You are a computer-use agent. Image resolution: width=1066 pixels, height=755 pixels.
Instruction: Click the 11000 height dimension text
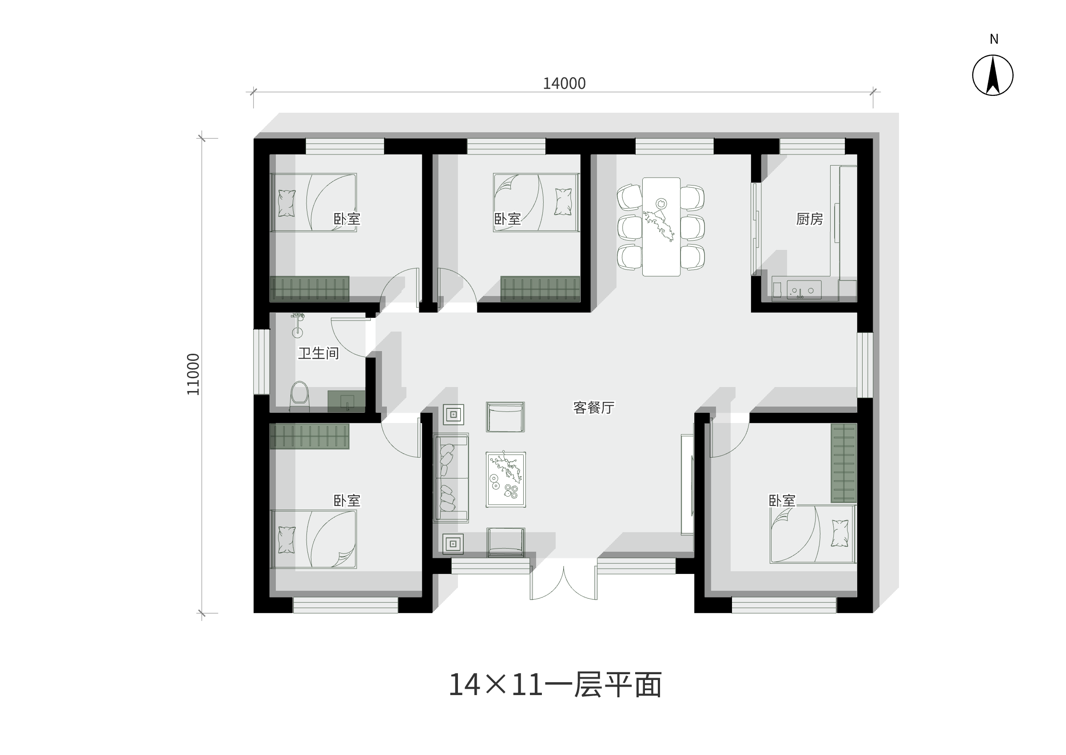[x=193, y=374]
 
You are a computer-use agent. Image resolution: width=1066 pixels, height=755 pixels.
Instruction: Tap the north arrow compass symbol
[x=993, y=75]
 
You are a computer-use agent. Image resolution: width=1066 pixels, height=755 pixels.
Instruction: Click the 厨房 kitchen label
[x=809, y=219]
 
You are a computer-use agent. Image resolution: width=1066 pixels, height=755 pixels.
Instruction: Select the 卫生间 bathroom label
[x=318, y=353]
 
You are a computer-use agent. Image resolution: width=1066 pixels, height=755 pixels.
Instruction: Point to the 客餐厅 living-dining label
[x=593, y=408]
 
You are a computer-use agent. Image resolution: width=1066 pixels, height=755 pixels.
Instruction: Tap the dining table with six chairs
[x=661, y=227]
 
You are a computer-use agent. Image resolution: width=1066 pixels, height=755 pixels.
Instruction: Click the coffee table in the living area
[x=505, y=479]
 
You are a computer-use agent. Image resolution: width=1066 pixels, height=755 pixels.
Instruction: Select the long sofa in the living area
[x=451, y=478]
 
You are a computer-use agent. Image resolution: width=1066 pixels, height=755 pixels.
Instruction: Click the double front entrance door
[x=564, y=582]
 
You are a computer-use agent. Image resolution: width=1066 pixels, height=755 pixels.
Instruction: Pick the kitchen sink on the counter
[x=803, y=290]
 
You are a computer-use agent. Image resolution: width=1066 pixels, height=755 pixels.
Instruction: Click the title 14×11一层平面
[x=555, y=685]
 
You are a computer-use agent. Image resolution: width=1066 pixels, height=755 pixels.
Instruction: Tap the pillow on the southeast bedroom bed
[x=839, y=533]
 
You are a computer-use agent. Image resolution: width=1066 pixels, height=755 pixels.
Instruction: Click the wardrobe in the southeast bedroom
[x=843, y=463]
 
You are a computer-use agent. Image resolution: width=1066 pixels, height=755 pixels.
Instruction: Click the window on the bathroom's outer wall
[x=261, y=362]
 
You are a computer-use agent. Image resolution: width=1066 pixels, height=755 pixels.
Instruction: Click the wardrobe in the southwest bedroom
[x=309, y=436]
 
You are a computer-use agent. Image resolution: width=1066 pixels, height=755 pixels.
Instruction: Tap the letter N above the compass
[x=994, y=40]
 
